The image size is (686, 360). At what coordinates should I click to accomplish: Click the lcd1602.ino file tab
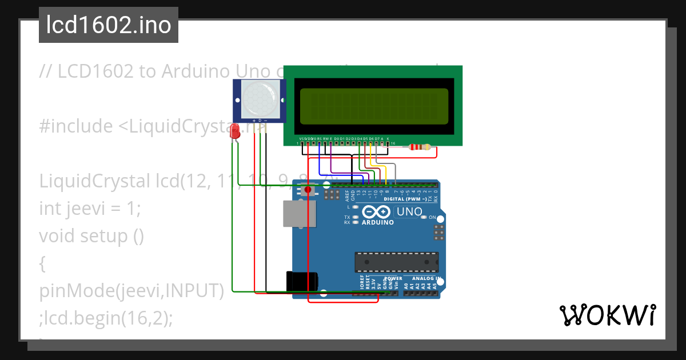point(109,25)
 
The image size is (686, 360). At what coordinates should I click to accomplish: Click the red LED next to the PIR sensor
point(234,133)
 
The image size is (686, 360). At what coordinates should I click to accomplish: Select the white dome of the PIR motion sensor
point(258,98)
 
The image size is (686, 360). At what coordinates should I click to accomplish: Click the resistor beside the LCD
point(421,147)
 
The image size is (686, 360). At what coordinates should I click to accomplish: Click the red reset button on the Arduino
point(308,190)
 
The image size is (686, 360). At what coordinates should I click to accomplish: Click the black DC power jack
point(302,281)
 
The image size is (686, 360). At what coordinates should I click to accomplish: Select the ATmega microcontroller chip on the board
point(397,262)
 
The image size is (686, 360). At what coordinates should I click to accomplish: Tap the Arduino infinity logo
point(377,211)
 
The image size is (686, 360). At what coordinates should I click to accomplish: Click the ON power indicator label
point(433,218)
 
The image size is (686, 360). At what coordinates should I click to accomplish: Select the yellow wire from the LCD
point(379,166)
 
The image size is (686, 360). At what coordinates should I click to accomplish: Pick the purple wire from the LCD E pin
point(332,166)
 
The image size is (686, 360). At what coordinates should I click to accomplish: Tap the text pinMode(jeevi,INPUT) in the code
point(130,291)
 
